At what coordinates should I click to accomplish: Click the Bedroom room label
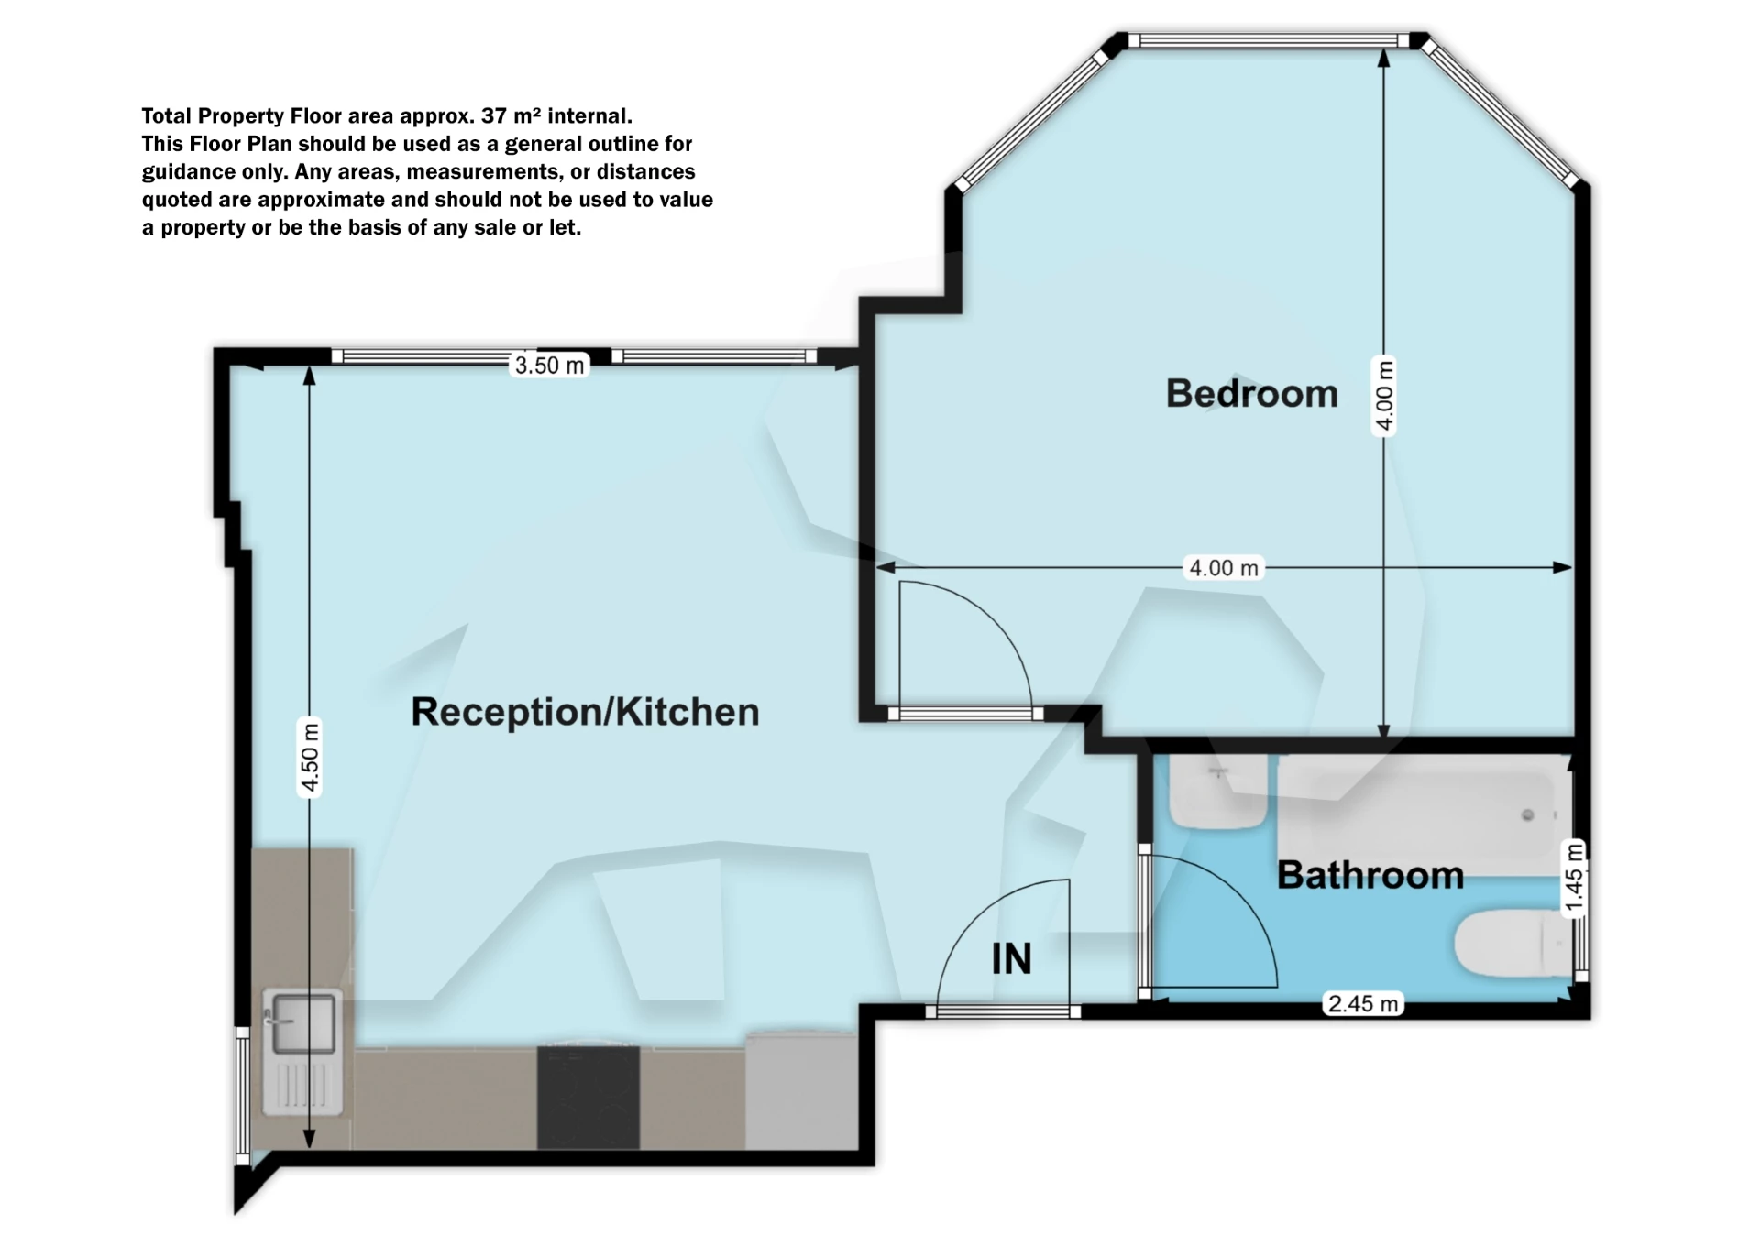(1251, 394)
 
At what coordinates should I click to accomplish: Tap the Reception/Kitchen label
(585, 712)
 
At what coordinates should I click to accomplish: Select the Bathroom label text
(1369, 875)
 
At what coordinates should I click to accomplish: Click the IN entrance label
(1011, 959)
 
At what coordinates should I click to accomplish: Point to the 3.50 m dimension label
(549, 366)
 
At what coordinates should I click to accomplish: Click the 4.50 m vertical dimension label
(311, 757)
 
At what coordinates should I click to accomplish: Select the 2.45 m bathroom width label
(1363, 1004)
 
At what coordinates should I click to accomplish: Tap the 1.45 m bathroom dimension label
(1573, 878)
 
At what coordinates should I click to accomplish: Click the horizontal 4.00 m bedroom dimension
(1223, 568)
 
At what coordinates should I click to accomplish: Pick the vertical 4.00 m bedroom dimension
(1384, 395)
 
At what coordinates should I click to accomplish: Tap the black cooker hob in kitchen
(588, 1096)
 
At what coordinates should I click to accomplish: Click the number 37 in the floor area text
(494, 116)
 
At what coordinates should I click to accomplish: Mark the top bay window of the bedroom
(1268, 40)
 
